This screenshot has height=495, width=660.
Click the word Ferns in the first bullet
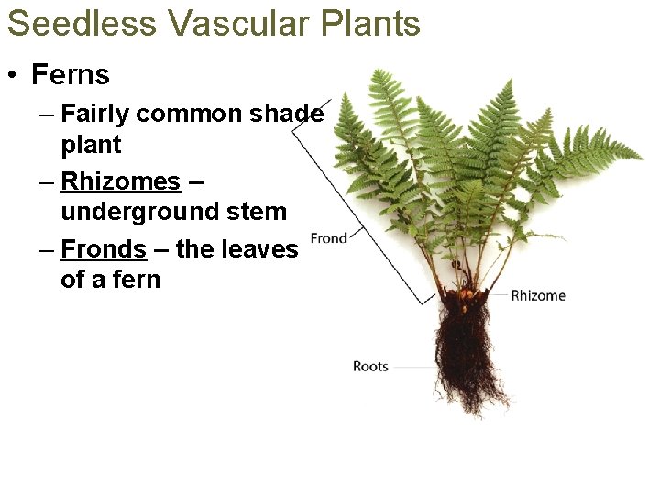(x=70, y=74)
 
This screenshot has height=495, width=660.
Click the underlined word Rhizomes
(x=120, y=181)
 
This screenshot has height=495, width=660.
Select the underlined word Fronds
(x=103, y=249)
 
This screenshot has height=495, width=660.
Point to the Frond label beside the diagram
(x=328, y=238)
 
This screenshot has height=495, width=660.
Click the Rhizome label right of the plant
(x=538, y=295)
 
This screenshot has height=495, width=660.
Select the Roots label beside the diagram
(x=370, y=367)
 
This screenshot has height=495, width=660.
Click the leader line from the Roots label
(x=412, y=367)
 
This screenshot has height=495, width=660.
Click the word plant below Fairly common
(x=91, y=145)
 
